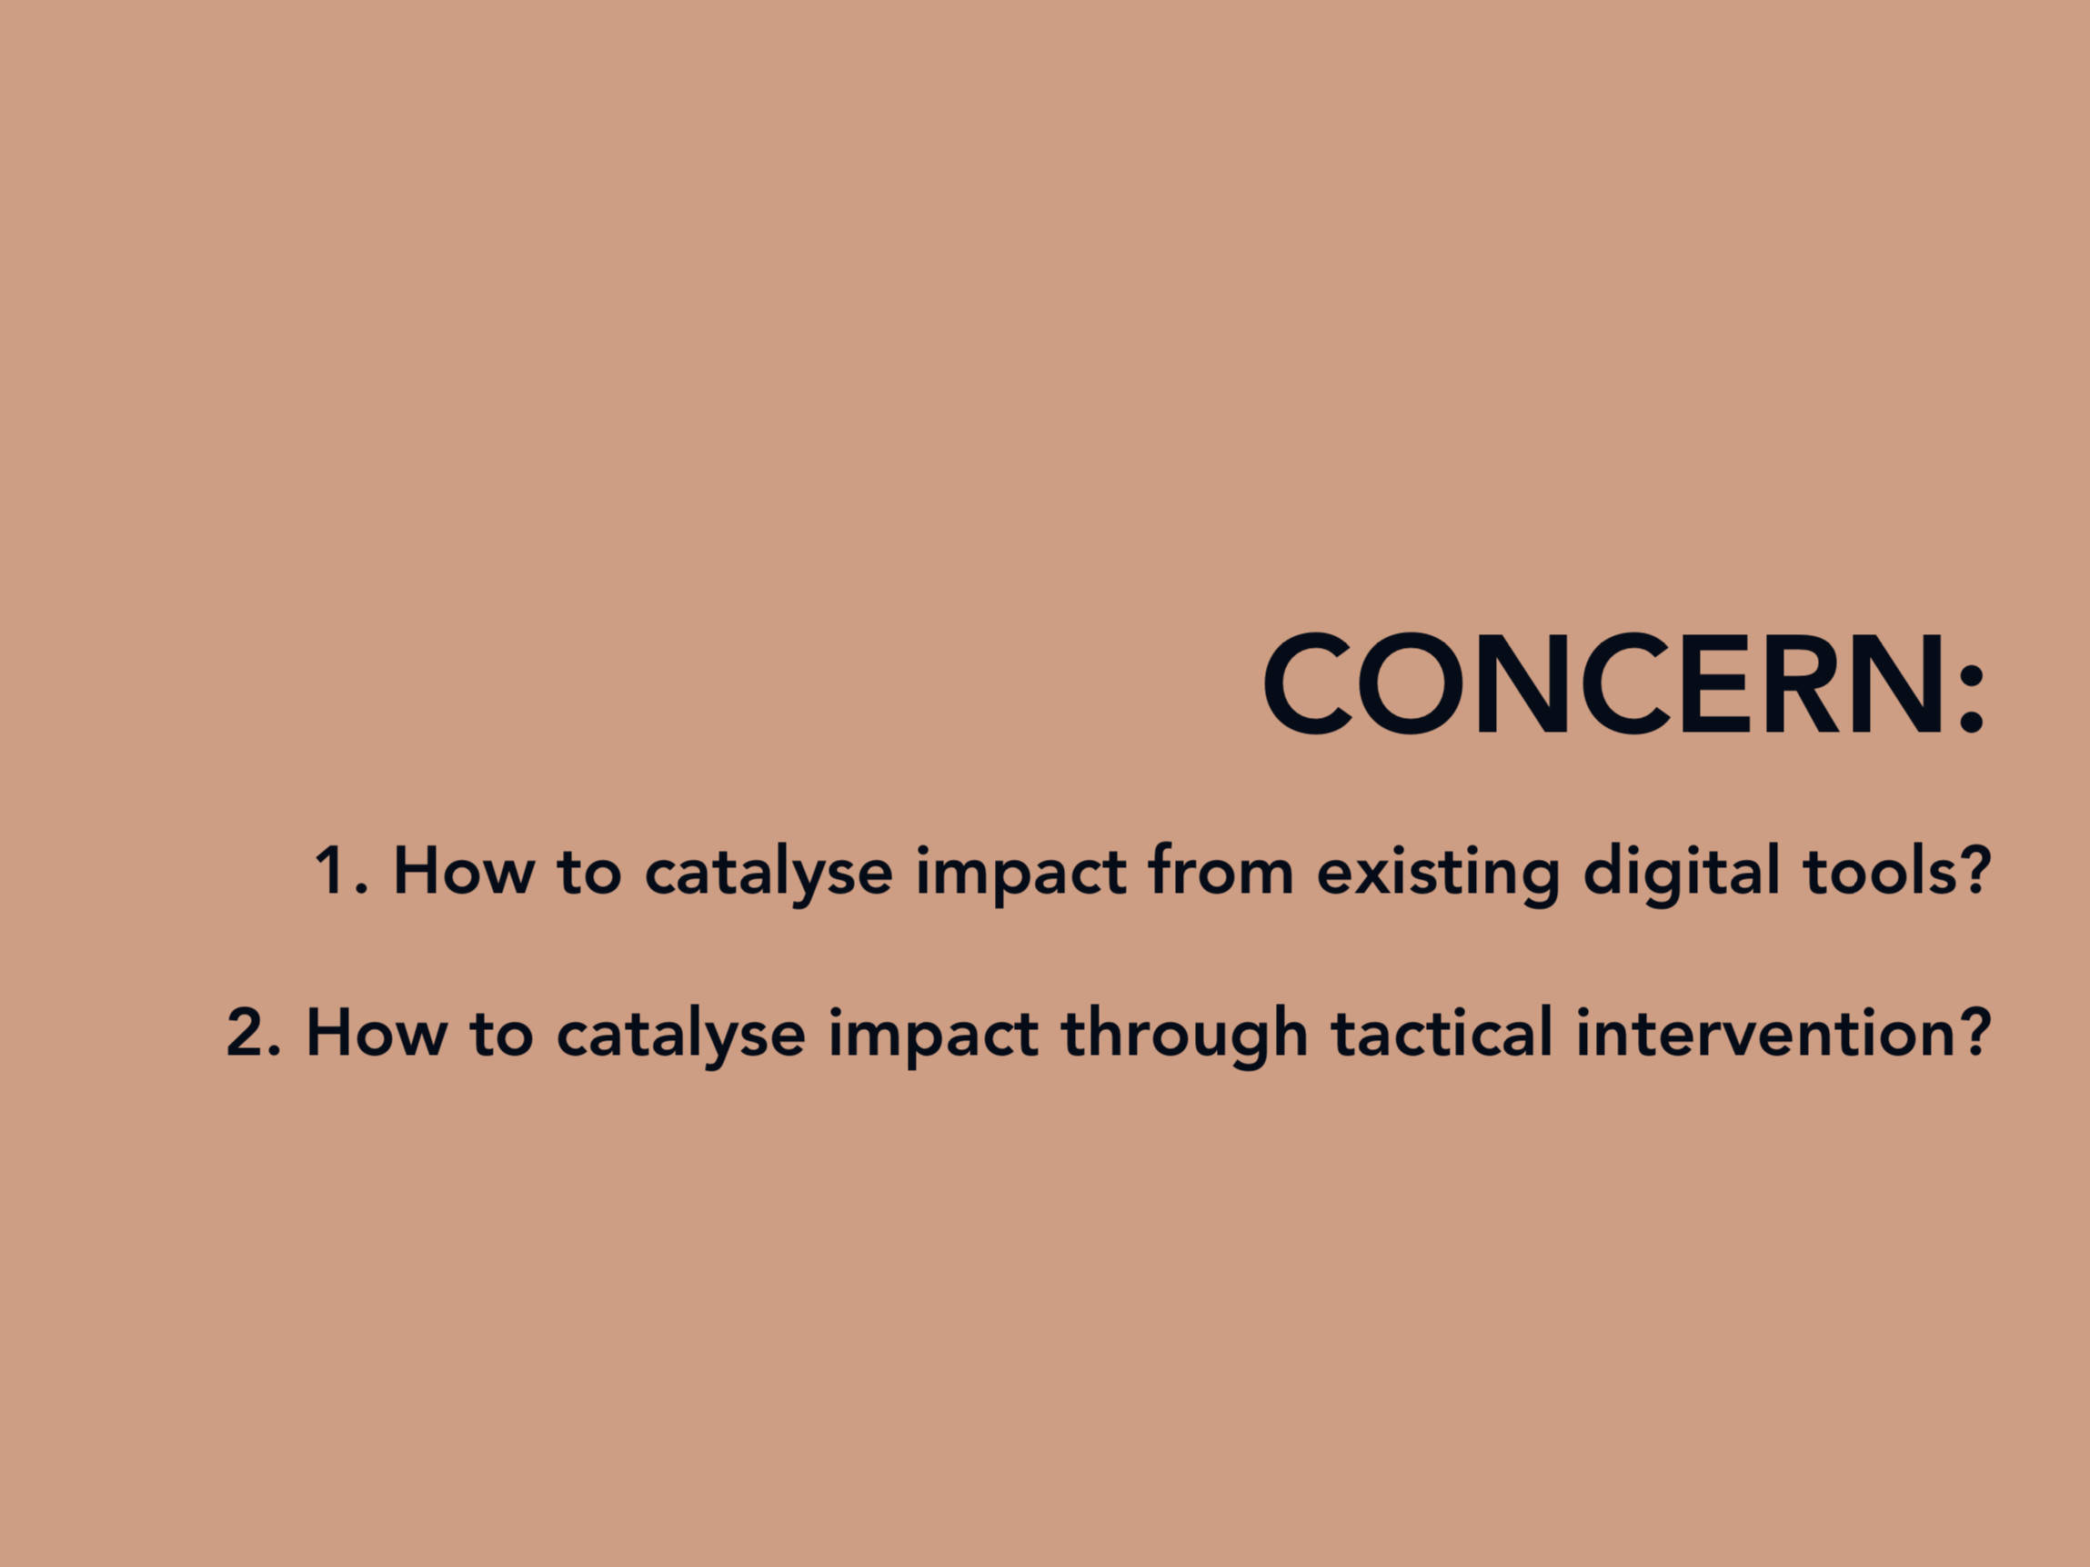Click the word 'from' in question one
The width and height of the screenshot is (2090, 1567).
pos(1221,867)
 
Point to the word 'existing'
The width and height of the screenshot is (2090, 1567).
pos(1438,875)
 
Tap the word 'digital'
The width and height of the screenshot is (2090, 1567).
pos(1682,874)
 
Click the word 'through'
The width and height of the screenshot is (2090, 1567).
pos(1185,1036)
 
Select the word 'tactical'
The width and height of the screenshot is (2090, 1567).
pos(1442,1030)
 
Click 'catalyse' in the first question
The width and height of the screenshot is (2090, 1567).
pos(769,874)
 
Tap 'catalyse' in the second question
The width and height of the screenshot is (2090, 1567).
pos(680,1036)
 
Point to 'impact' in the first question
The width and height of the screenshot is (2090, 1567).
pos(1021,875)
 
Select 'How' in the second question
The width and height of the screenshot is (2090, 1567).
pos(377,1032)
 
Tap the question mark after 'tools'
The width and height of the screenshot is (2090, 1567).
pos(1974,868)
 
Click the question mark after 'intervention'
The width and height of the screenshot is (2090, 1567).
pos(1974,1031)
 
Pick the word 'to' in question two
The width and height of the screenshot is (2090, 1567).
pos(502,1034)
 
